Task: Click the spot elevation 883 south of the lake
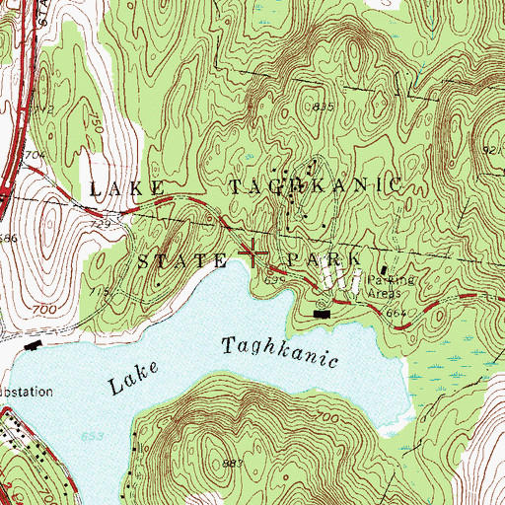[234, 464]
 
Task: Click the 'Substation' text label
[25, 392]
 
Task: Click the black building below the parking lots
[322, 314]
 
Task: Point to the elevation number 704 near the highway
[34, 155]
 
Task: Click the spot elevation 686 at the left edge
[9, 238]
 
